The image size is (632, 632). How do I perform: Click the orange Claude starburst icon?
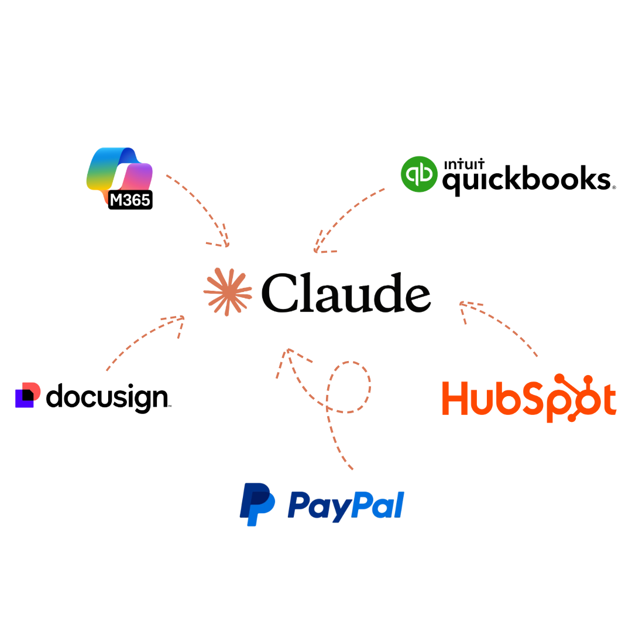pyautogui.click(x=228, y=292)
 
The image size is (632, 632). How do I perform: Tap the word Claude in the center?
pyautogui.click(x=346, y=293)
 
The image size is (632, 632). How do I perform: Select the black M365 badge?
pyautogui.click(x=130, y=200)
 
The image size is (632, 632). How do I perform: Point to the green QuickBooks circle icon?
pyautogui.click(x=419, y=174)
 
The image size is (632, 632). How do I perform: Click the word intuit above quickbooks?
pyautogui.click(x=464, y=164)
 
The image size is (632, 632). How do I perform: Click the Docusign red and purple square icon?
pyautogui.click(x=28, y=395)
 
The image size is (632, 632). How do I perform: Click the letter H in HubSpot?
pyautogui.click(x=455, y=398)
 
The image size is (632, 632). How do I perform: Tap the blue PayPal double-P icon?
pyautogui.click(x=257, y=504)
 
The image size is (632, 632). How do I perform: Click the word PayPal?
pyautogui.click(x=346, y=506)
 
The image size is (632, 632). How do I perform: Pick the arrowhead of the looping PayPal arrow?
pyautogui.click(x=288, y=349)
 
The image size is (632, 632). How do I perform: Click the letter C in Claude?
pyautogui.click(x=281, y=293)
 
